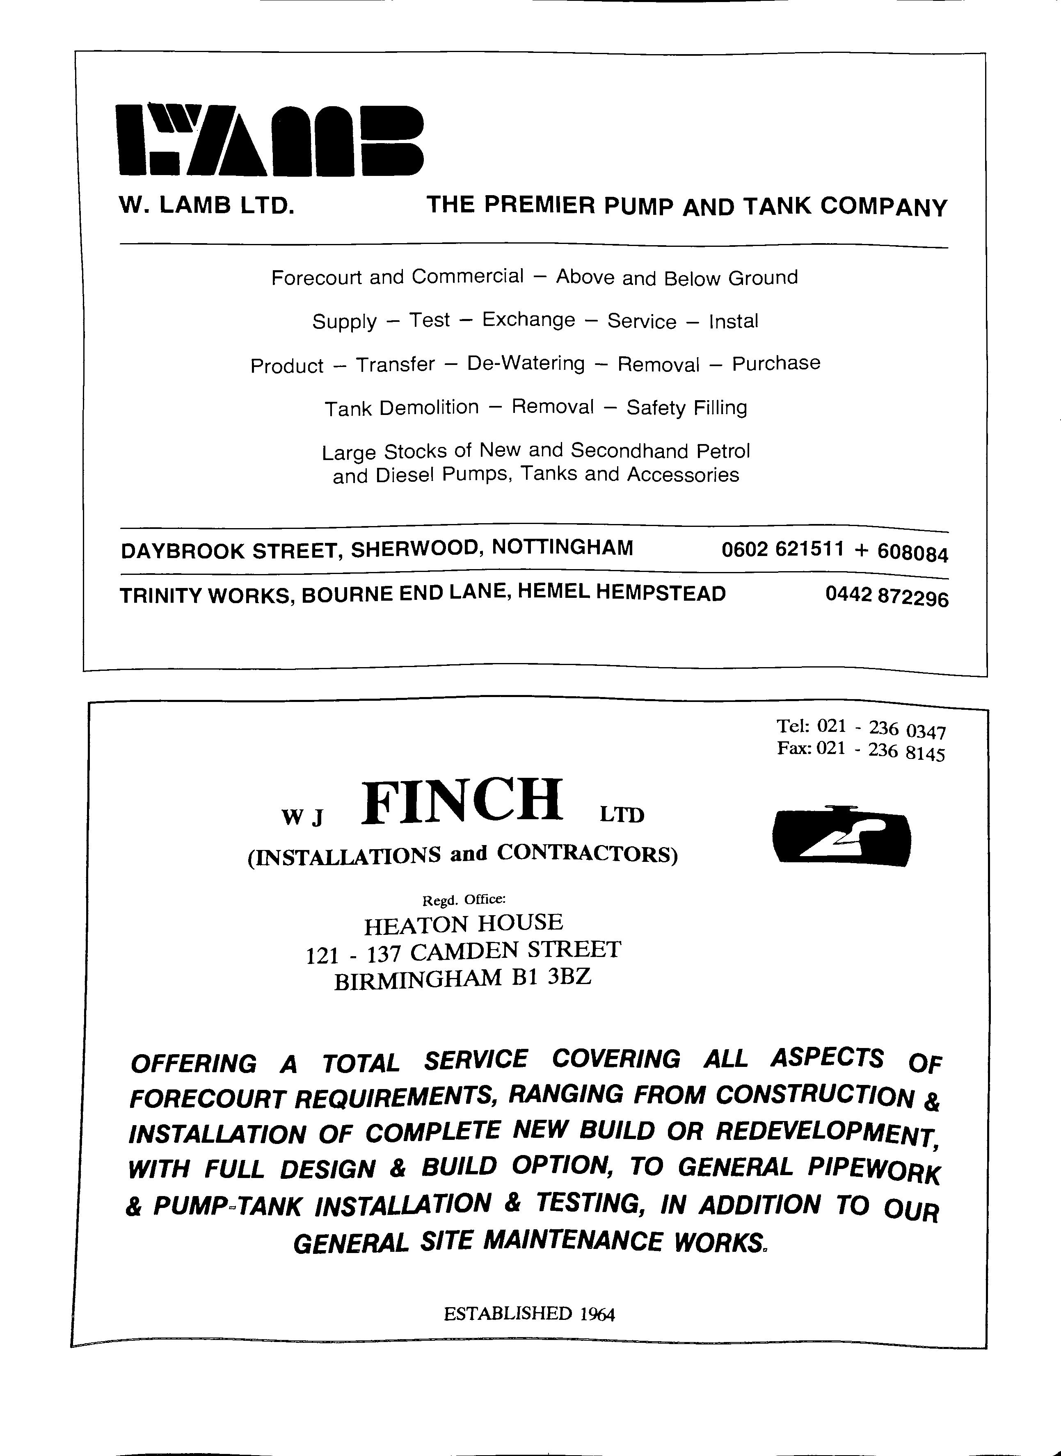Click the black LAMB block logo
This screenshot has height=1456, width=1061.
[270, 140]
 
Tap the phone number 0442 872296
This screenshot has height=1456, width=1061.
[887, 597]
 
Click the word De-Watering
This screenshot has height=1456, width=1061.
[526, 363]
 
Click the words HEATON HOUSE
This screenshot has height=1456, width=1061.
[464, 923]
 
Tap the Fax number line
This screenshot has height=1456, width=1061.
[861, 750]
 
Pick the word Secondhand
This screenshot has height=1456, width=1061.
[629, 451]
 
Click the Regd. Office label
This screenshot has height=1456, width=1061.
[464, 900]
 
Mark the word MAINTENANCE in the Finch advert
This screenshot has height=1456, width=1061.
[573, 1240]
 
